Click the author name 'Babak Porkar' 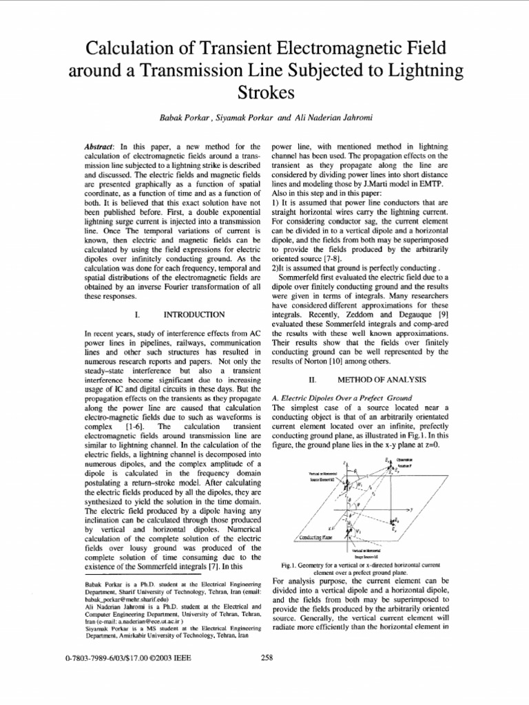185,119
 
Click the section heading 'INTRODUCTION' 195,315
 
